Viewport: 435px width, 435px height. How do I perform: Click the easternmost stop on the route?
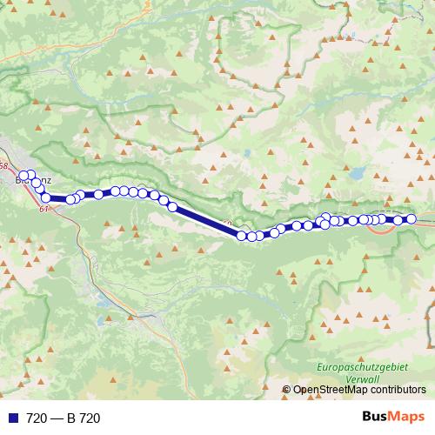412,219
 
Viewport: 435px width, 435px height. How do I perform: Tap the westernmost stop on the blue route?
23,176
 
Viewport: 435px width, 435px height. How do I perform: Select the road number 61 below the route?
44,208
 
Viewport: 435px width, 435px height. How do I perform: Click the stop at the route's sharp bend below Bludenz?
45,198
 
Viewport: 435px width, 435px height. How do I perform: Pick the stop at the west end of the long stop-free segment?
173,207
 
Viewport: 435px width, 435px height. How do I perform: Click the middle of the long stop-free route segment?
207,221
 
